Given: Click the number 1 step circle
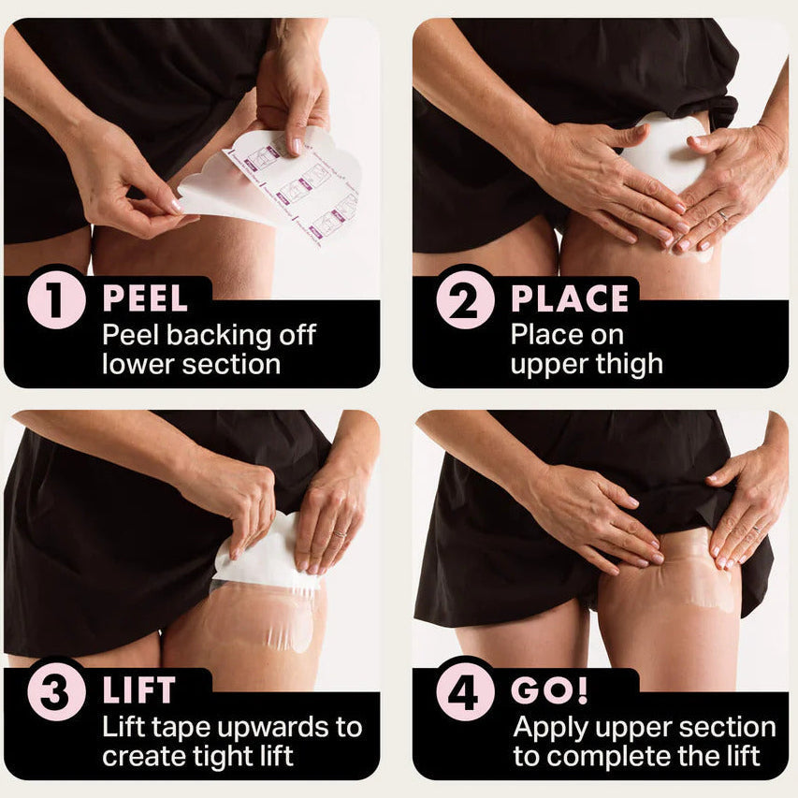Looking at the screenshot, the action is (56, 299).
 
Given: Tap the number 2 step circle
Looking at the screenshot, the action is (465, 299).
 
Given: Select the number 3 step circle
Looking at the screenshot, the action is (56, 691).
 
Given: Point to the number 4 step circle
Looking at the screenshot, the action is (465, 691).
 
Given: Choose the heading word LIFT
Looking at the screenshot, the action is (139, 690).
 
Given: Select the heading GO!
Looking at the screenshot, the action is (550, 690).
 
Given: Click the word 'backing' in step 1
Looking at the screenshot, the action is (220, 336).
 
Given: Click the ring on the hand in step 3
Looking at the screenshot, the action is (339, 534).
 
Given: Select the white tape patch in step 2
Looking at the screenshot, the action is (661, 152).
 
